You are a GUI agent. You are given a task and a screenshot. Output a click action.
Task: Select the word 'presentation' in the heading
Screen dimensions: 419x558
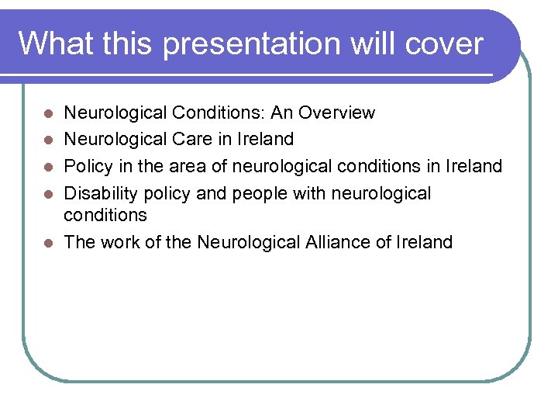252,43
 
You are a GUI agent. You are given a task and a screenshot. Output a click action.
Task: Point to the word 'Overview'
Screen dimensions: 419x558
338,113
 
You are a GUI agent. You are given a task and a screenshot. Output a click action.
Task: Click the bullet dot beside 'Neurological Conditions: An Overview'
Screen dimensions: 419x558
48,113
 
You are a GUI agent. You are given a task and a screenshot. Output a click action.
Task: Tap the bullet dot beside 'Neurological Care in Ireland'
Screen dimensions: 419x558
48,140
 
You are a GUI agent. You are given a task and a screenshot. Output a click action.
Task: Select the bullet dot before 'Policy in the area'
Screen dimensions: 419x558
48,167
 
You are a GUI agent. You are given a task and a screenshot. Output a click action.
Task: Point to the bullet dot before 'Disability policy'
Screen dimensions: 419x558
48,193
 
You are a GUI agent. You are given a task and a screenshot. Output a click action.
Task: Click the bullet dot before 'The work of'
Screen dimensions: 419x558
48,242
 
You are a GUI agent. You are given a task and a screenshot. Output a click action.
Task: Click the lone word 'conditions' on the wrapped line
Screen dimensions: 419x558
105,215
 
